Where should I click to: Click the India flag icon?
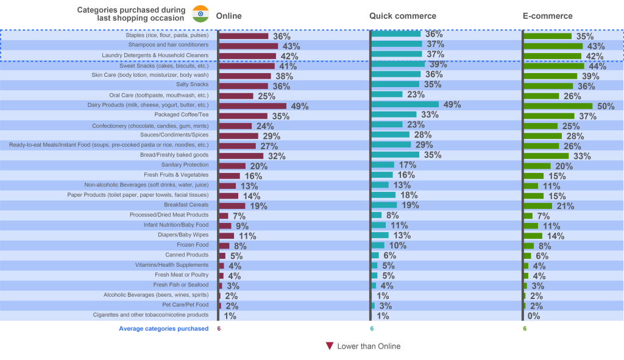click(200, 13)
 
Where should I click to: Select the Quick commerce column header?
click(402, 16)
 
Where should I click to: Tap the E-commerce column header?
click(547, 16)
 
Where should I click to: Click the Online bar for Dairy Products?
click(252, 105)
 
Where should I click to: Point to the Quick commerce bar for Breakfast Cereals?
click(385, 205)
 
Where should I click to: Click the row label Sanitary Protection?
click(185, 165)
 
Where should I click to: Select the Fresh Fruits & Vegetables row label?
click(176, 175)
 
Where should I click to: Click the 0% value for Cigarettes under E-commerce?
click(534, 316)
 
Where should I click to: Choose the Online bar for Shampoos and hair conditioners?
click(249, 46)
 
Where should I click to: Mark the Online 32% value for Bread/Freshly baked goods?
click(277, 156)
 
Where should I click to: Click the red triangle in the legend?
click(329, 346)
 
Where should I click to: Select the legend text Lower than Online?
click(369, 346)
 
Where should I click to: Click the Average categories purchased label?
click(163, 328)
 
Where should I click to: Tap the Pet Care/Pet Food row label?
click(185, 305)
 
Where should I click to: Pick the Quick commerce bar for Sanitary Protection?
click(383, 164)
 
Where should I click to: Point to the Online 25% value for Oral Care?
click(266, 96)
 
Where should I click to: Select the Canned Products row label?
click(186, 255)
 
